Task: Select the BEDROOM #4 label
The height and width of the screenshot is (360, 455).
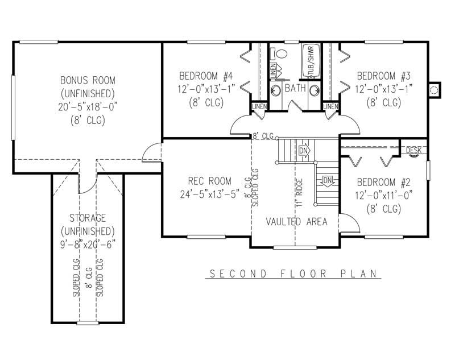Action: click(206, 76)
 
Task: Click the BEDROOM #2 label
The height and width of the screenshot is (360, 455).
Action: click(384, 182)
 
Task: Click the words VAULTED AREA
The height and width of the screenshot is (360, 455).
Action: click(296, 222)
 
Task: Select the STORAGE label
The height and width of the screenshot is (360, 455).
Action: click(88, 218)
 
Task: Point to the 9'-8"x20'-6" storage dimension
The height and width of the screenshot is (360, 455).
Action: click(88, 245)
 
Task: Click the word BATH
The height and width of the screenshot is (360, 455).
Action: click(295, 89)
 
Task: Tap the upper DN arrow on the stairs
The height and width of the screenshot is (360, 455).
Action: click(303, 151)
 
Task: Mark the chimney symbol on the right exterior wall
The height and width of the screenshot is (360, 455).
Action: click(435, 89)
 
